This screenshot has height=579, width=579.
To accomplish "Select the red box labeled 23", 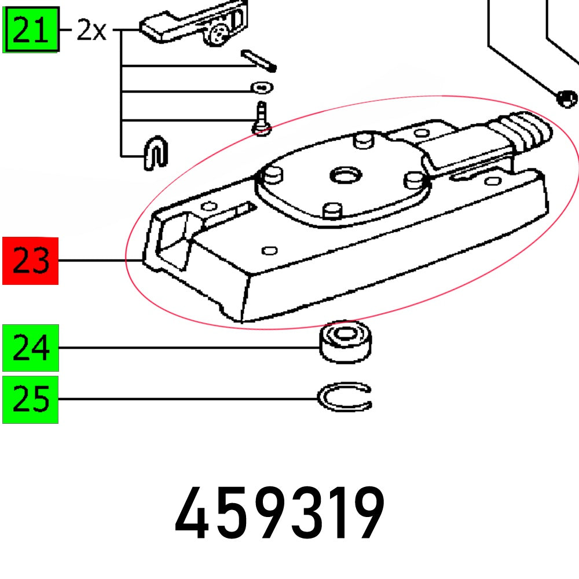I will [31, 261].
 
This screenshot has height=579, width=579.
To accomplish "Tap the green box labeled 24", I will [31, 347].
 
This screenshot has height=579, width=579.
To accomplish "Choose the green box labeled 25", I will [31, 400].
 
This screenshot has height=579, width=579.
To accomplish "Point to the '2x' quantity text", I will [92, 30].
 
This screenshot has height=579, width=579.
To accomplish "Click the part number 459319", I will [279, 514].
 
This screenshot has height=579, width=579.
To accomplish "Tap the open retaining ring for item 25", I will [345, 398].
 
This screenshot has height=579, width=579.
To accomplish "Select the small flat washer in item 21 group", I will [262, 87].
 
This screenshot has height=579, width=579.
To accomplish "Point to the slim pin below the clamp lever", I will [259, 60].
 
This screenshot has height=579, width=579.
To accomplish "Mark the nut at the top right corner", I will [566, 98].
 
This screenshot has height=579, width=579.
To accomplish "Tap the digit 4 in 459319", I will [192, 514].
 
